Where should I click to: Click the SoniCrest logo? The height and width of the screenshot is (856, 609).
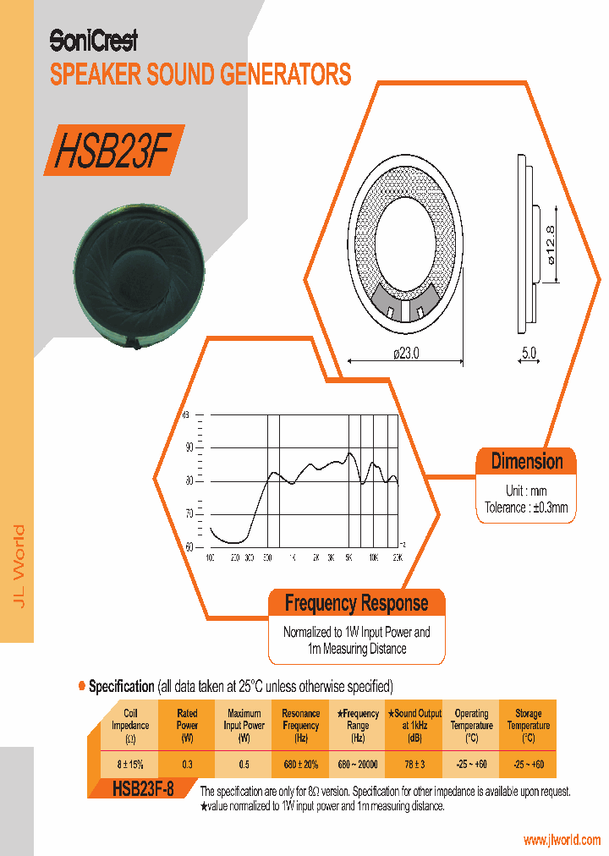coord(93,40)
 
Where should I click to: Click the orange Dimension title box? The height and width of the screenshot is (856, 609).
coord(526,462)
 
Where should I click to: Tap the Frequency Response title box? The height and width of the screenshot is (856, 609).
coord(356,603)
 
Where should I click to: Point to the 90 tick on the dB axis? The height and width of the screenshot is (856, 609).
coord(189,447)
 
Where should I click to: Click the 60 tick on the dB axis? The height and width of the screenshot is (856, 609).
coord(189,546)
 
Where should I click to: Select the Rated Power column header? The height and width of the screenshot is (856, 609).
coord(187,725)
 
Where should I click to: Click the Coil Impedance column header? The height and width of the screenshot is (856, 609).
coord(130,725)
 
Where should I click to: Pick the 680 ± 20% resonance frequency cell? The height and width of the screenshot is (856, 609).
coord(300,764)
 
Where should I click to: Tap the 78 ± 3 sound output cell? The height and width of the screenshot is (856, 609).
coord(414,764)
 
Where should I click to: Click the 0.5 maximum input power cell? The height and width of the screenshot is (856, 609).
coord(244,764)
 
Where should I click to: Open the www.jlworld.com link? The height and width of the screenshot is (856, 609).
coord(562,840)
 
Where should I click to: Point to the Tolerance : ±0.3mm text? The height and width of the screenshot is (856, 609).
coord(526,508)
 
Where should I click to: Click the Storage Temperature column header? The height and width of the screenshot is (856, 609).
coord(528,725)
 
